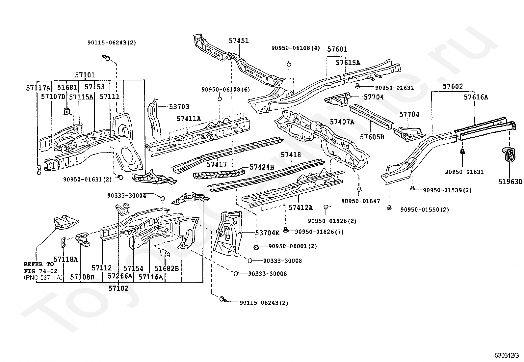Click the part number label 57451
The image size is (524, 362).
pos(239,41)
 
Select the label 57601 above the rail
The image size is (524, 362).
pos(337,49)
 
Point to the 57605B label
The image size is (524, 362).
pos(372,137)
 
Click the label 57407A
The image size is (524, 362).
pos(342,122)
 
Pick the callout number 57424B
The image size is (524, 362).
pos(262,167)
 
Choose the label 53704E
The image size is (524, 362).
pos(267,233)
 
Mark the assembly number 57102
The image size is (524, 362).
pos(118,288)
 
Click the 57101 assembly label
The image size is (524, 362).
pos(85,75)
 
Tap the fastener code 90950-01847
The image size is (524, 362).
pos(360,201)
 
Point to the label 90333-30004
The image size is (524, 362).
pos(126,195)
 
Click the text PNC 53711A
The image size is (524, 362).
pos(43,277)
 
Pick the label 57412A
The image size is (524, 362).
pos(301,207)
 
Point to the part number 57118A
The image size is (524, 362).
pos(65,259)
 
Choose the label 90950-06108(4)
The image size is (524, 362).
pos(295,48)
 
